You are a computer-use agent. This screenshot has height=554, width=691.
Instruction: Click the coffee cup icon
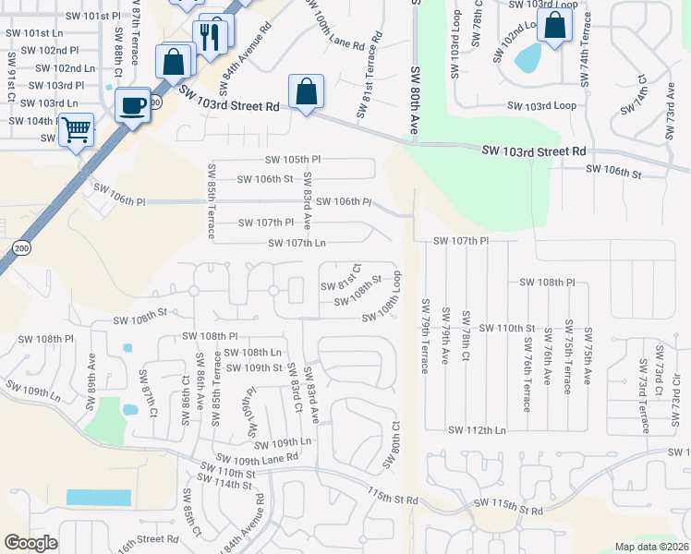(x=134, y=104)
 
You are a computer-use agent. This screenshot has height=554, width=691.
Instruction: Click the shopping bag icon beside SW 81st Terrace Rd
(x=306, y=91)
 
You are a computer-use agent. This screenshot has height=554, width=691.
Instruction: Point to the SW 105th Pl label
(x=293, y=159)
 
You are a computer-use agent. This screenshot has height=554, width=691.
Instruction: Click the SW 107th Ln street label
(x=297, y=244)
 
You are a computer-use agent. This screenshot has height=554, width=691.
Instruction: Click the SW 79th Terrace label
(x=426, y=336)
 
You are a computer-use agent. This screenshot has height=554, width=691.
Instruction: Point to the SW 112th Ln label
(x=477, y=430)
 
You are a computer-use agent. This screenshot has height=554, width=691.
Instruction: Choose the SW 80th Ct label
(x=394, y=445)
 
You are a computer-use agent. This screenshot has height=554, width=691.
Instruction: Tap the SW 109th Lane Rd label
(x=257, y=457)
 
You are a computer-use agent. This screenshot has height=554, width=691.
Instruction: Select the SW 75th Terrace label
(x=567, y=359)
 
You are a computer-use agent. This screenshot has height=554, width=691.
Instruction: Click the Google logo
(x=30, y=543)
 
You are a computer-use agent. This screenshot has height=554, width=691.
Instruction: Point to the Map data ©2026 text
(x=650, y=547)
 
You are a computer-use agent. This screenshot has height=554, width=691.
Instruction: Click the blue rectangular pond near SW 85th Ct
(x=98, y=497)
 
